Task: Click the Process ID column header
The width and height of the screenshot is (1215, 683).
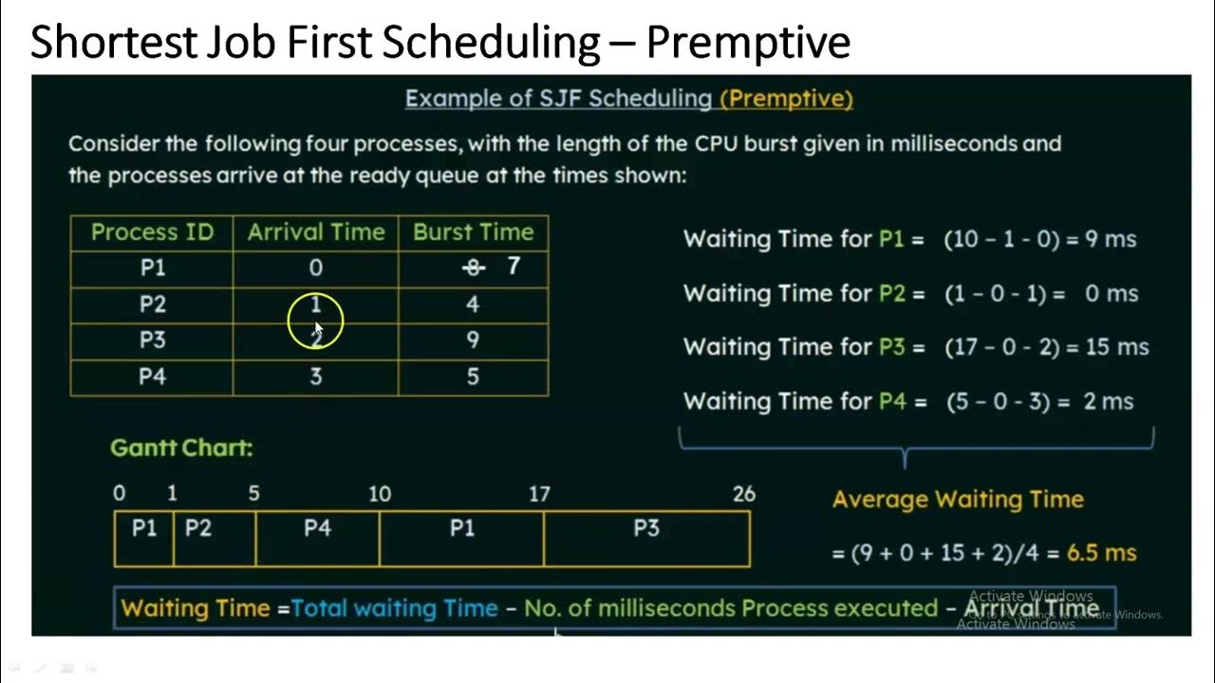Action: [152, 232]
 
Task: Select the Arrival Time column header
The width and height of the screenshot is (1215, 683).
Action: [316, 232]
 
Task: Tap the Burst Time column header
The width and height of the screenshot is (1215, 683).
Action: [473, 232]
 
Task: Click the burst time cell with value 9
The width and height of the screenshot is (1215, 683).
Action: [473, 340]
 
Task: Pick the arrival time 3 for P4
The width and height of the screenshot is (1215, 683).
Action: [316, 377]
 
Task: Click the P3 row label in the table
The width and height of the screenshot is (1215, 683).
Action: [152, 340]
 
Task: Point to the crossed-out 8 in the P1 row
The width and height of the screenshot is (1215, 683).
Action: [473, 268]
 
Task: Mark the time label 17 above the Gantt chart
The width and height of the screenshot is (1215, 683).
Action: [539, 494]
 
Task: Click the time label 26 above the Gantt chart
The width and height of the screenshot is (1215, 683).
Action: [744, 494]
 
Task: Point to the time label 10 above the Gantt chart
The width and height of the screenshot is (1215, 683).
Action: [380, 494]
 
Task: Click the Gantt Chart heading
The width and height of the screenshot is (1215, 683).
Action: [181, 448]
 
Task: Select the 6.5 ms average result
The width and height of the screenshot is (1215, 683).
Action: [1101, 553]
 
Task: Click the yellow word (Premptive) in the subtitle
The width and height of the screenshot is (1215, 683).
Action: [786, 99]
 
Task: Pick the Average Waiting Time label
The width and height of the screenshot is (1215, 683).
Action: [958, 500]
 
